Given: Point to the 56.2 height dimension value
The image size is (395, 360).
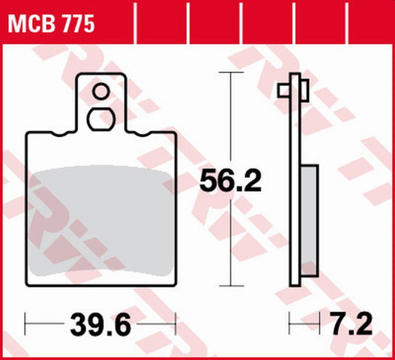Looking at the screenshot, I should [x=231, y=180].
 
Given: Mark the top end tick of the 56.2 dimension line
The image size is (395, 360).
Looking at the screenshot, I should [x=232, y=74].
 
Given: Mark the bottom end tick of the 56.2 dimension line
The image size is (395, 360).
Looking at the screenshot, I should [x=232, y=286].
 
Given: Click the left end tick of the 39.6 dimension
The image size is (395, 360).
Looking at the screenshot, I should [x=26, y=323].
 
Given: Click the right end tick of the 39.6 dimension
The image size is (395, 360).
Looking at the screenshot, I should [x=176, y=323].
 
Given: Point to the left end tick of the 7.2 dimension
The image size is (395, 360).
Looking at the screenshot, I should [x=290, y=323].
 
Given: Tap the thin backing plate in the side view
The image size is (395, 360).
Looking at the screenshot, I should [x=297, y=185].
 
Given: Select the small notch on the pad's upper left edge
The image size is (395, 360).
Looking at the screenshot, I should [x=58, y=135].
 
